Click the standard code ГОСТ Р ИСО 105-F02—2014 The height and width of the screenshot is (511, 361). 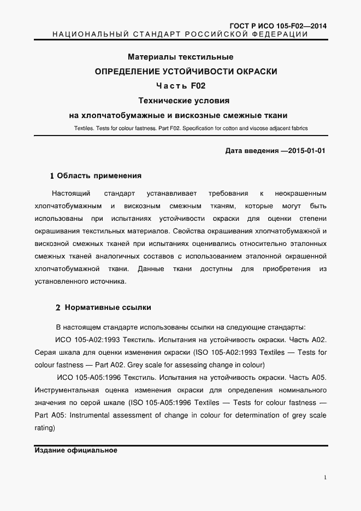(x=279, y=26)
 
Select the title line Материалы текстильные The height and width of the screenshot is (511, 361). (x=180, y=57)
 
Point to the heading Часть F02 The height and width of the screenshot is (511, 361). (x=180, y=86)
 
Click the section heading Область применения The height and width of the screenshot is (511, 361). (x=99, y=176)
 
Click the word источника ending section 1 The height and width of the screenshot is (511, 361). (x=106, y=282)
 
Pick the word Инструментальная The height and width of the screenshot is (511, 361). (x=66, y=390)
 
